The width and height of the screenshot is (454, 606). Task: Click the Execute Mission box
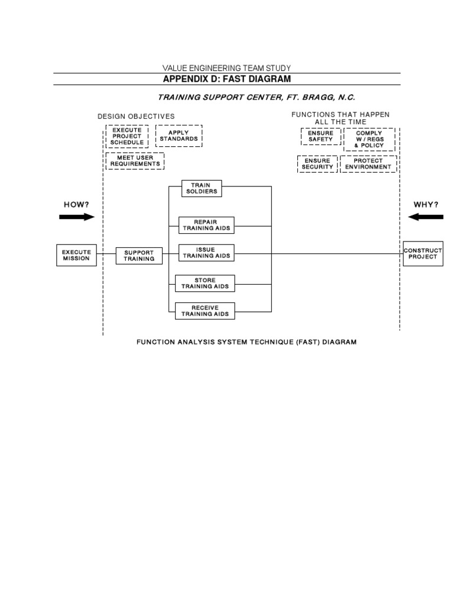(x=76, y=255)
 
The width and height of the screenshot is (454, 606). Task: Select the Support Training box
(x=139, y=256)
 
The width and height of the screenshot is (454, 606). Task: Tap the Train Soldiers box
(x=201, y=189)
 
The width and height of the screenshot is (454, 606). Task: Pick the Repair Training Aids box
(x=206, y=225)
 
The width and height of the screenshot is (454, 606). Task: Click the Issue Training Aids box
(x=206, y=253)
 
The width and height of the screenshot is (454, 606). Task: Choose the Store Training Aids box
(x=205, y=283)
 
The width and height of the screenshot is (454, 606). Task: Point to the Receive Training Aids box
(x=205, y=311)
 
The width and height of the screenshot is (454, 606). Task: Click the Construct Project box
(x=423, y=253)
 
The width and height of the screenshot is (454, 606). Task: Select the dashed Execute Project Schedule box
(x=127, y=136)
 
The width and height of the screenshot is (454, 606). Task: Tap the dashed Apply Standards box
(x=179, y=136)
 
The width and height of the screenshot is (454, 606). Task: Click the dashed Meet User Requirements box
(x=135, y=160)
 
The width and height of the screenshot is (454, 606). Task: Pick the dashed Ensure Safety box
(x=320, y=136)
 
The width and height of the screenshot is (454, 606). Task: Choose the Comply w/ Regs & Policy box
(x=369, y=140)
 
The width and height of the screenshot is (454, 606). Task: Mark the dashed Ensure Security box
(x=318, y=164)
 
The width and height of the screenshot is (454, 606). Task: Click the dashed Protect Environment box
(x=368, y=164)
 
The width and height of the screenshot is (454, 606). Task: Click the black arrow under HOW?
(x=77, y=217)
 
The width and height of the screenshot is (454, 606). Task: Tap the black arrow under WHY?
(x=426, y=217)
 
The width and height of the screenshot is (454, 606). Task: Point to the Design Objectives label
(x=136, y=117)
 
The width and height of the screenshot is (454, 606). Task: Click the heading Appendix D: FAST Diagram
(x=226, y=79)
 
